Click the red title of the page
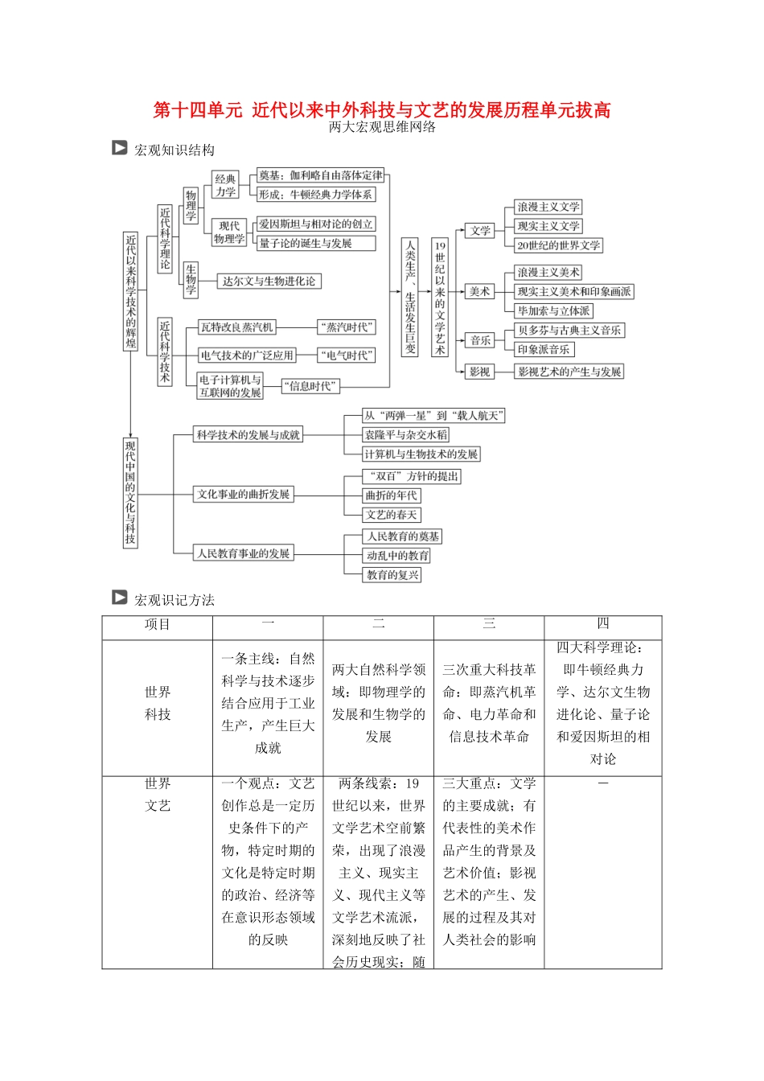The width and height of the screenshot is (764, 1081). click(x=382, y=110)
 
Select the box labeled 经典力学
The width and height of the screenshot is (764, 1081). click(x=225, y=185)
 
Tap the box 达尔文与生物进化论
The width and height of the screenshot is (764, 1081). click(x=269, y=281)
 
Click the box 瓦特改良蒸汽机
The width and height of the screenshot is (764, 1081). click(x=237, y=327)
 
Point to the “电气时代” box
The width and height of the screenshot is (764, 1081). click(x=347, y=355)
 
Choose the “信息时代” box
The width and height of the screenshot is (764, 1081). click(x=311, y=386)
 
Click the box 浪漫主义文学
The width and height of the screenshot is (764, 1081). click(x=548, y=207)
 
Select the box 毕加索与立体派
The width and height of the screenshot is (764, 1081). click(x=553, y=310)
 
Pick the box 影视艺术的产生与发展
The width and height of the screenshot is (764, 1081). click(x=569, y=372)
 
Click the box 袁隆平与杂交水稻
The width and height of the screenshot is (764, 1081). click(x=405, y=434)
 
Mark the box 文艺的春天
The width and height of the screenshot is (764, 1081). click(x=392, y=515)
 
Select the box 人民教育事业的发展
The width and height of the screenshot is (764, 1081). click(x=244, y=553)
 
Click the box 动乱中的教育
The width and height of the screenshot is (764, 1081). click(x=397, y=555)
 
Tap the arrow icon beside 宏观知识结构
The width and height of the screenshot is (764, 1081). click(x=120, y=148)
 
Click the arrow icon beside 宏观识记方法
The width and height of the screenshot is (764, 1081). click(x=120, y=598)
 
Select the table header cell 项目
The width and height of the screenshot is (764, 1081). click(x=158, y=625)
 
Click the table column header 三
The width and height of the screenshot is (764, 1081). click(x=489, y=624)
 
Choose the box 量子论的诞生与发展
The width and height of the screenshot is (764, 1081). click(x=305, y=243)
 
